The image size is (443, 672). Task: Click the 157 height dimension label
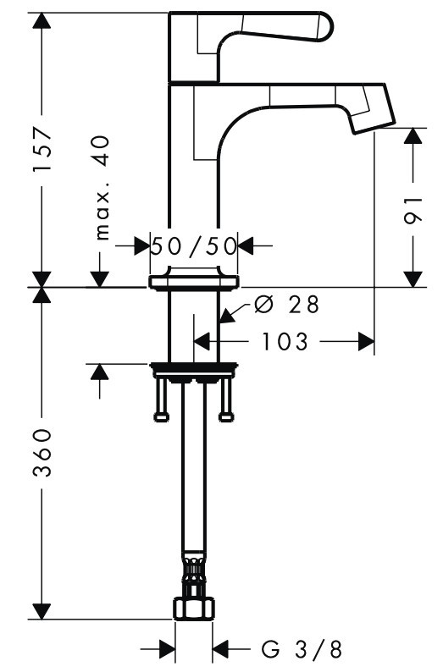coord(43,149)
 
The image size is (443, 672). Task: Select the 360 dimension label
coord(43,453)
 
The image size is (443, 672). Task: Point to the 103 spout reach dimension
coord(285,342)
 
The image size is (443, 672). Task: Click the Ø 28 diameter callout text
coord(286,305)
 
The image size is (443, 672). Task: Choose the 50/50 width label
coord(194,246)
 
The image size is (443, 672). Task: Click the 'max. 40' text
coord(101,188)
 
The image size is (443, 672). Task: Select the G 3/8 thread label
coord(302,649)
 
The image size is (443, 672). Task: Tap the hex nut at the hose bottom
coord(194,608)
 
